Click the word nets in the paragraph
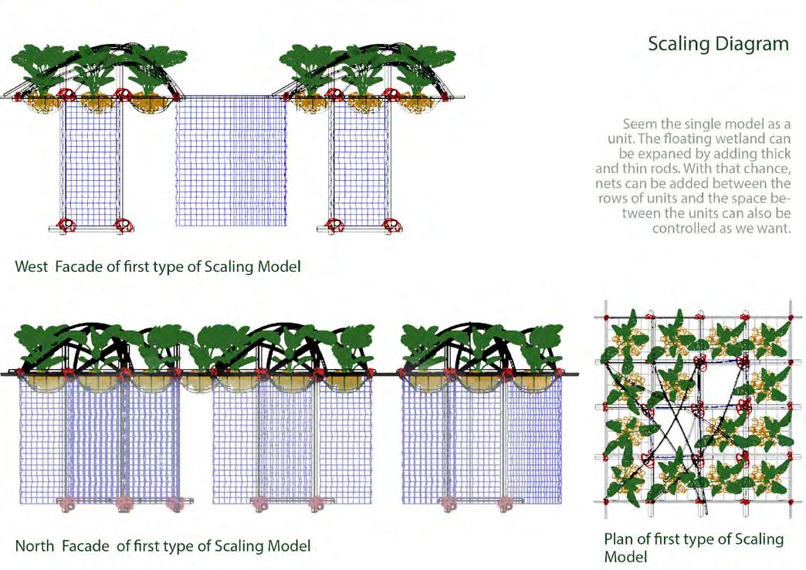611,184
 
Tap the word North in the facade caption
35,546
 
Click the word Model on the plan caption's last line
626,557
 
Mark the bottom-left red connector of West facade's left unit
68,226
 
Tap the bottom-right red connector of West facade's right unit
387,226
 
